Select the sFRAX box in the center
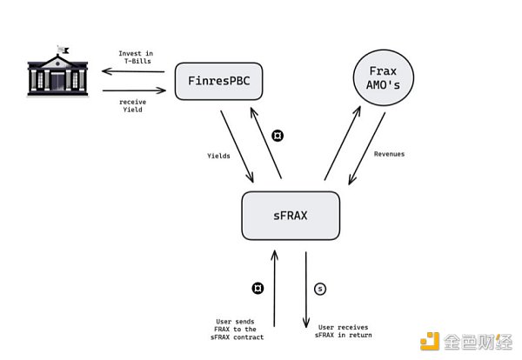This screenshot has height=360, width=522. tap(290, 215)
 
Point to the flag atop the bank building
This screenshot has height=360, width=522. tap(61, 48)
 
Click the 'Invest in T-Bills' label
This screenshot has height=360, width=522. tap(137, 58)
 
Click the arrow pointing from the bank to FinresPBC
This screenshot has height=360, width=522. tap(133, 90)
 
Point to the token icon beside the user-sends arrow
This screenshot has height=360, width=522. tap(257, 287)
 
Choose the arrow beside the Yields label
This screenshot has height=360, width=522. tap(238, 145)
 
